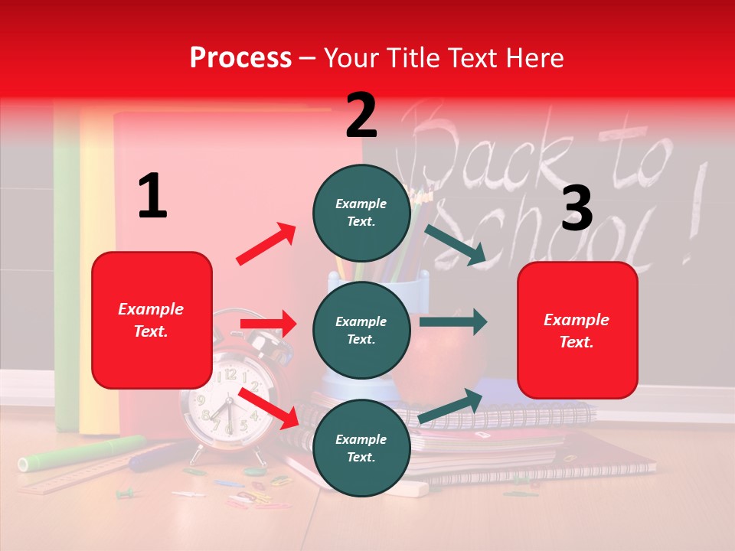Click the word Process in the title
pyautogui.click(x=240, y=57)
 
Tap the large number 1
pyautogui.click(x=152, y=196)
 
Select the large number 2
pyautogui.click(x=361, y=116)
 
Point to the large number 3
pyautogui.click(x=577, y=208)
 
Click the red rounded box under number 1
pyautogui.click(x=152, y=320)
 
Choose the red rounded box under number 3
pyautogui.click(x=577, y=331)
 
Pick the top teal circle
pyautogui.click(x=361, y=213)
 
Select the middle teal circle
pyautogui.click(x=361, y=331)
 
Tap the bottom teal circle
pyautogui.click(x=361, y=448)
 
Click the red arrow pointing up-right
pyautogui.click(x=266, y=243)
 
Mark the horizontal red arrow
pyautogui.click(x=268, y=324)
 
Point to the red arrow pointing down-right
pyautogui.click(x=268, y=409)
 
